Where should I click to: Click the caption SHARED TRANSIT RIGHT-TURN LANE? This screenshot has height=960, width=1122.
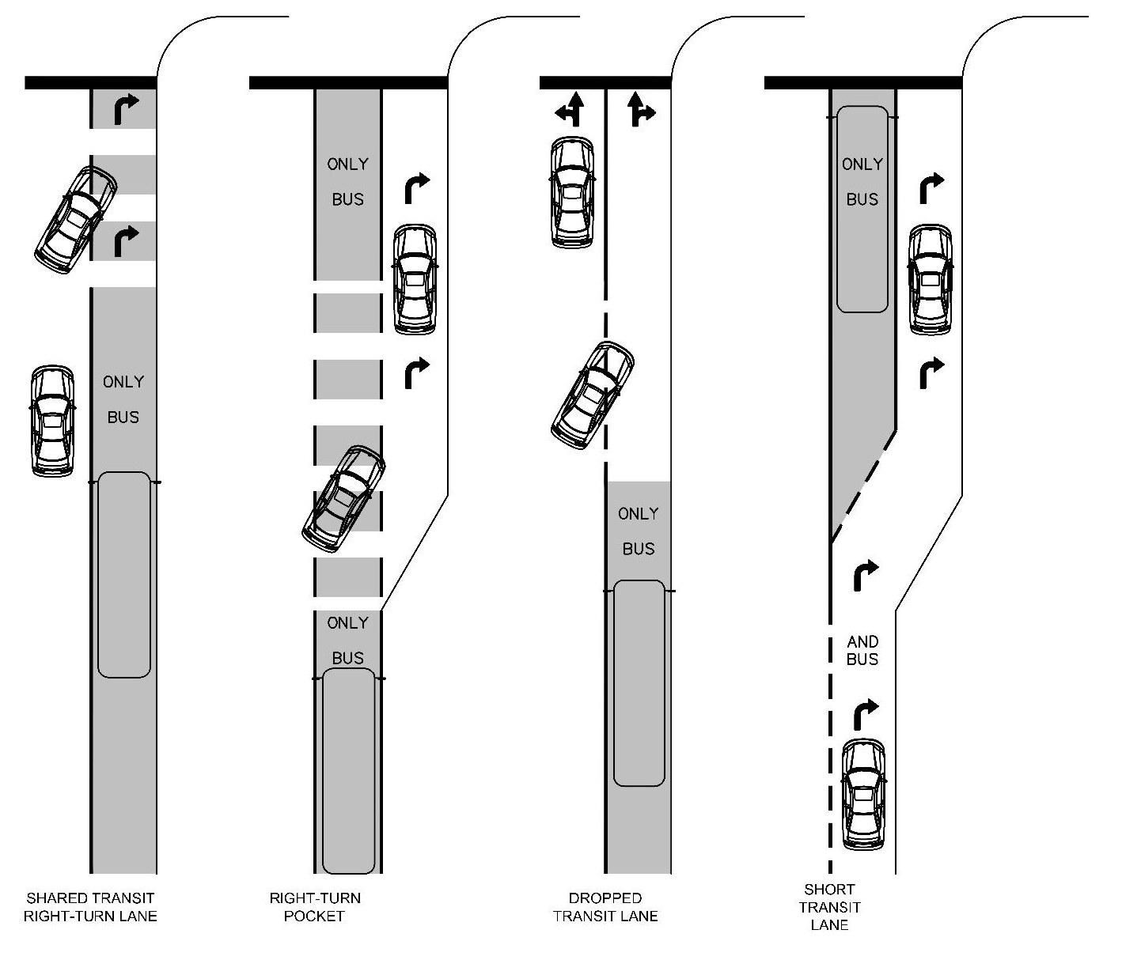pyautogui.click(x=90, y=907)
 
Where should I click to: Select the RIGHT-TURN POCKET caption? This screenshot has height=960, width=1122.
pyautogui.click(x=314, y=907)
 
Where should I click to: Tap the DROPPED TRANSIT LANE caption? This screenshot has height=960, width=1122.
pyautogui.click(x=605, y=907)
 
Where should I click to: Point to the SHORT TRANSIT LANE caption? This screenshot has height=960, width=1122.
pyautogui.click(x=829, y=907)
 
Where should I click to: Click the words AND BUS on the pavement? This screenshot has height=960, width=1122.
pyautogui.click(x=862, y=650)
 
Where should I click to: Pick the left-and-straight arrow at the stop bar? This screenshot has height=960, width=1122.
pyautogui.click(x=570, y=110)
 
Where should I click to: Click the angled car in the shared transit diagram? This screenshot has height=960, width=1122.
pyautogui.click(x=75, y=220)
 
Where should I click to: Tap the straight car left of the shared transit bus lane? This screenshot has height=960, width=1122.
pyautogui.click(x=52, y=421)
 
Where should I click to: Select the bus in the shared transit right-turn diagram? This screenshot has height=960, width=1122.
pyautogui.click(x=123, y=575)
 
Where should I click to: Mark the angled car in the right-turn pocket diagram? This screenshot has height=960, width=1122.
pyautogui.click(x=344, y=498)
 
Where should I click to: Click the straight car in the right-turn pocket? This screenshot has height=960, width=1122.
pyautogui.click(x=415, y=279)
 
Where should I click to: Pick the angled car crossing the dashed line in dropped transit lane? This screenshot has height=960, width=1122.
pyautogui.click(x=592, y=395)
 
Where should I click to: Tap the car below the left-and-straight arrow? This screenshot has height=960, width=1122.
pyautogui.click(x=571, y=191)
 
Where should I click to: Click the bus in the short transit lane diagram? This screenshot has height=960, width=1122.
pyautogui.click(x=862, y=210)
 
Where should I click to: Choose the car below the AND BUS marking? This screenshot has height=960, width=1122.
pyautogui.click(x=863, y=793)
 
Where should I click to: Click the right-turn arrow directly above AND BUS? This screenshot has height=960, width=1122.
pyautogui.click(x=865, y=575)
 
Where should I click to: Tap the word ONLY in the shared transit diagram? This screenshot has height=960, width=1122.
pyautogui.click(x=123, y=382)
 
